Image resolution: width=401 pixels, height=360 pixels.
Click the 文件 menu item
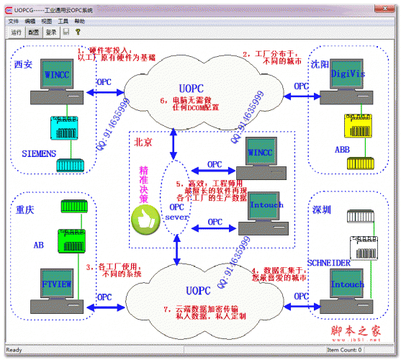[14, 22]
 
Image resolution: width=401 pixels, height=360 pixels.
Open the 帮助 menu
[79, 22]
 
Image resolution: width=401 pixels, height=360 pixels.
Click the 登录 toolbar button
[51, 32]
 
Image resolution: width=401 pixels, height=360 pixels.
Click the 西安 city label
[23, 65]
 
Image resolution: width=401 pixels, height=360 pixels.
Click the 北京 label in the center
[144, 142]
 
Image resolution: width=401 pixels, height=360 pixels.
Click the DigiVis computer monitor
[348, 76]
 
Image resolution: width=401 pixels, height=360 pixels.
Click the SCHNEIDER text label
[328, 264]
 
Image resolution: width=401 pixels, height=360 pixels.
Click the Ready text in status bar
[14, 350]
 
